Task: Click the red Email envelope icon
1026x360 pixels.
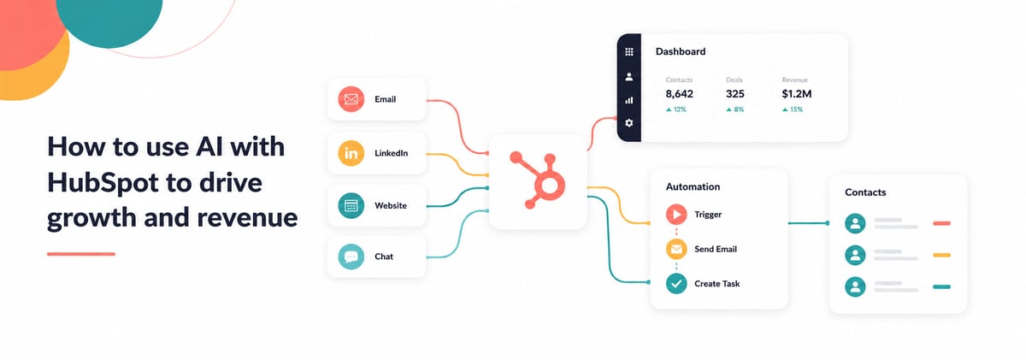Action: click(x=351, y=99)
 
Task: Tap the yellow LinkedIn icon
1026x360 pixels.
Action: click(x=351, y=153)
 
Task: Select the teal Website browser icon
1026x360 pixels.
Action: click(x=351, y=205)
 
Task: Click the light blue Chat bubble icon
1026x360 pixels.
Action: click(x=351, y=257)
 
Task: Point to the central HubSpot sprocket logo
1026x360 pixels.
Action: click(x=538, y=180)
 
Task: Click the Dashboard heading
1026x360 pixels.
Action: click(x=681, y=51)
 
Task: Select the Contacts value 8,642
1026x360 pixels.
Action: click(x=679, y=94)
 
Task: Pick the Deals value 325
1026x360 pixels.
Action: click(x=735, y=94)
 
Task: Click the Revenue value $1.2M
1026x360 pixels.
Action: click(x=797, y=94)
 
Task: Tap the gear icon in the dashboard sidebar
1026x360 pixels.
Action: click(x=629, y=123)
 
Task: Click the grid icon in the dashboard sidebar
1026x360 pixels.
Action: click(x=629, y=52)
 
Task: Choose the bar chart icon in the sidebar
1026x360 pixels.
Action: click(x=629, y=100)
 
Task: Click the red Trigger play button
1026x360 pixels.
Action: click(x=676, y=215)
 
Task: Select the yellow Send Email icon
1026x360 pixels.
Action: click(x=676, y=249)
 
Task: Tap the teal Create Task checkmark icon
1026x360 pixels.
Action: click(x=676, y=284)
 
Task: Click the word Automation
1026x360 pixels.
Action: click(x=693, y=187)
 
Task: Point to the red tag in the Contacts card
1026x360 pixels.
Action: click(x=941, y=223)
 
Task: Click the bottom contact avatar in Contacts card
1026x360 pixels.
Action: click(x=855, y=286)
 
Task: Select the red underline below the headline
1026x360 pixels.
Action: click(x=81, y=254)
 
